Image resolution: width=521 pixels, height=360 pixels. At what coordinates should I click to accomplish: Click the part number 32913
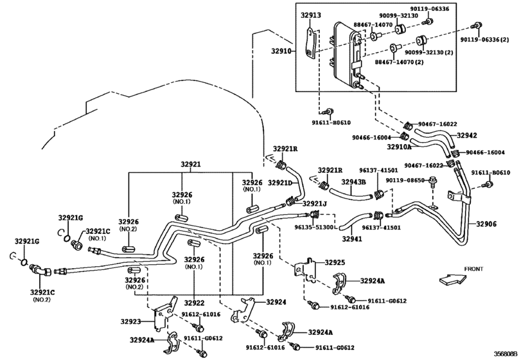(x=311, y=15)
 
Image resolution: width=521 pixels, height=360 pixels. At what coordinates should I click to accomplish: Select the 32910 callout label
(x=281, y=51)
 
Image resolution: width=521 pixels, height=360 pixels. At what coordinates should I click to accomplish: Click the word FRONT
(x=473, y=269)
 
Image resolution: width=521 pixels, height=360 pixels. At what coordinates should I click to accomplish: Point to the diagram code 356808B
(x=506, y=354)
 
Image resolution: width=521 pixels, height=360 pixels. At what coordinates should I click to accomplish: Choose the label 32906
(x=486, y=224)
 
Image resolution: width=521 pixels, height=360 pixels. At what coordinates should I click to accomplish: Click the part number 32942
(x=467, y=135)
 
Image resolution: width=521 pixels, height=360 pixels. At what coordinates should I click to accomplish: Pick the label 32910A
(x=399, y=147)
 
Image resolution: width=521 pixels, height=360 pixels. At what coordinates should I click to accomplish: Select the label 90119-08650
(x=405, y=180)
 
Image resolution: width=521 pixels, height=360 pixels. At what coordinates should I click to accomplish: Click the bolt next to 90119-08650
(x=432, y=181)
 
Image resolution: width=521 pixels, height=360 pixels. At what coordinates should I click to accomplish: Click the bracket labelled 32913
(x=310, y=44)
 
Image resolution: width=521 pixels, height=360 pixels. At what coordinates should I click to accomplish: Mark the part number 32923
(x=130, y=321)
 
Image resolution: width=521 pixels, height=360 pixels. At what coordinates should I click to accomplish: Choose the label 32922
(x=195, y=303)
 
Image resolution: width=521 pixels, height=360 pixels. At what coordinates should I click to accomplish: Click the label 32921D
(x=279, y=183)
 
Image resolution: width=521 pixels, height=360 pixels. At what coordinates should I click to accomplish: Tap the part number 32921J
(x=314, y=203)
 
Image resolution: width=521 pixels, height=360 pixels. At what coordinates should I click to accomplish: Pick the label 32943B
(x=353, y=182)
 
